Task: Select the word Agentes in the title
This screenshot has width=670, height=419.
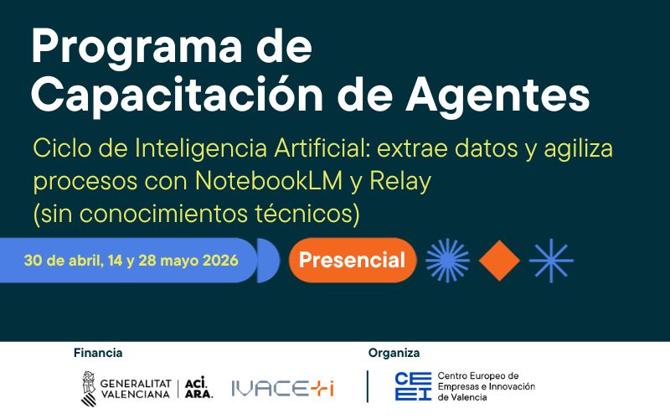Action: pos(501,96)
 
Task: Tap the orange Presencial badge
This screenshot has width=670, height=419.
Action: pos(352,260)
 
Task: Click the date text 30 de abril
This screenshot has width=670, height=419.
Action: pos(62,260)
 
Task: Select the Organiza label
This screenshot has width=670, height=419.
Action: pos(394,353)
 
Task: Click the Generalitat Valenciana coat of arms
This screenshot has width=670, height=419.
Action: pos(88,386)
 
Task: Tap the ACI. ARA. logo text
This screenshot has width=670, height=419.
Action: pos(198,386)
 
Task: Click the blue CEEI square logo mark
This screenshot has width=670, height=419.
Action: pos(413,386)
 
